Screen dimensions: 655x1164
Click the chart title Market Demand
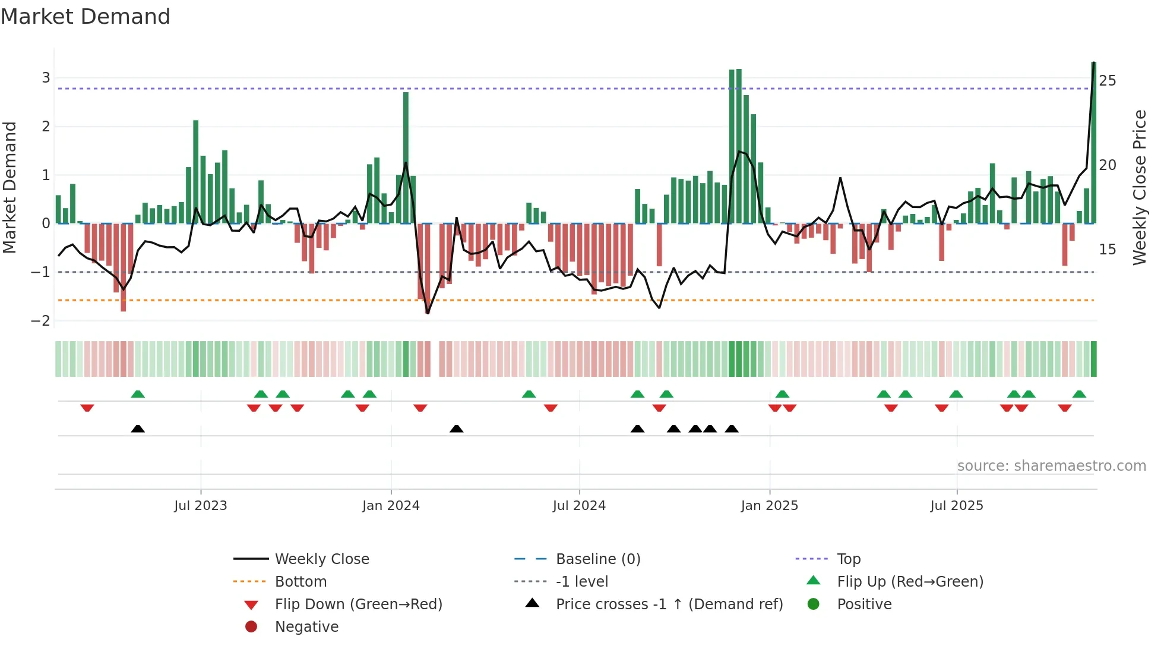[86, 17]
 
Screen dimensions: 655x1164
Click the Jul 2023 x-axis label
[201, 506]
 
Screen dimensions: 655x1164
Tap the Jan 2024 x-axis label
[391, 506]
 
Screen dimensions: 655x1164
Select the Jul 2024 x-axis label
[579, 506]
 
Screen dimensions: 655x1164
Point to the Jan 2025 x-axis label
[770, 506]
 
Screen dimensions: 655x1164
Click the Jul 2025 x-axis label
[957, 506]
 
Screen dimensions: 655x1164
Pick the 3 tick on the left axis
[46, 78]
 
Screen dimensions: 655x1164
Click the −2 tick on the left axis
[41, 321]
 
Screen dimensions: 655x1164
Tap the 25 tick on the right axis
[1108, 80]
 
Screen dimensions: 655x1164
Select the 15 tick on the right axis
[1108, 250]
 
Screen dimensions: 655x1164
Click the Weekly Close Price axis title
[1140, 187]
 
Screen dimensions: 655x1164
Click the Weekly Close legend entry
[321, 559]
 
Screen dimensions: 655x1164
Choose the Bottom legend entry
[301, 582]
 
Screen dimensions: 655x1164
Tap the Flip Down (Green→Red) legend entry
[358, 604]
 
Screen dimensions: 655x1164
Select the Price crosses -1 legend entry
[669, 604]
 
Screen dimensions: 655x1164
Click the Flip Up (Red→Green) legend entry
[910, 582]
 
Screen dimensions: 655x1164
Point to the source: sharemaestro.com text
[1051, 466]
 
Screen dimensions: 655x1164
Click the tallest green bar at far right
[1094, 143]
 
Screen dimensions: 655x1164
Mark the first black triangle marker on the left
[138, 429]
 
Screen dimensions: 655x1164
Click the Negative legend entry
[306, 627]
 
